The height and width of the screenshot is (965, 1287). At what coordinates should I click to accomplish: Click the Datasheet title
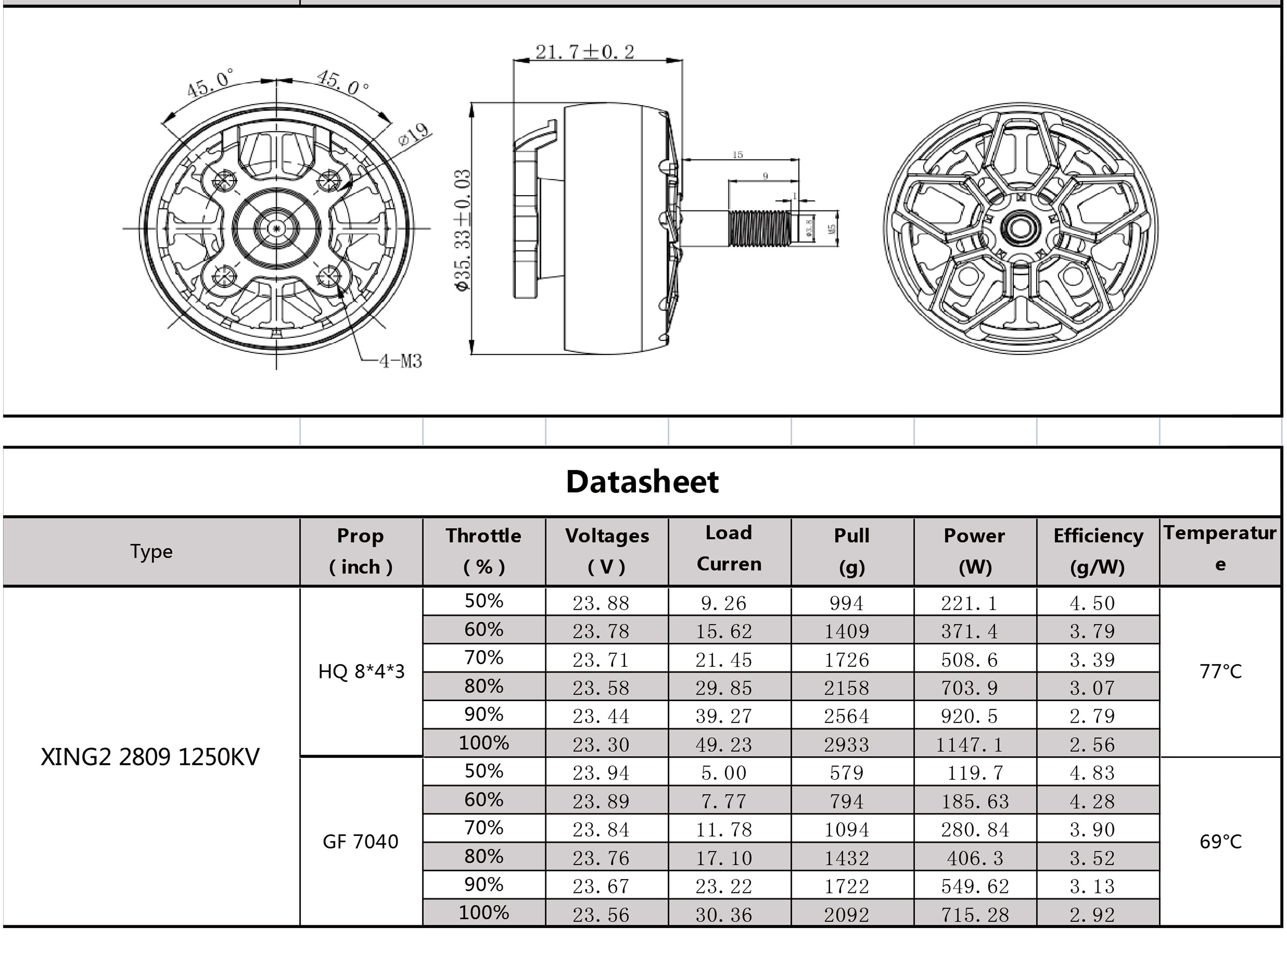tap(642, 482)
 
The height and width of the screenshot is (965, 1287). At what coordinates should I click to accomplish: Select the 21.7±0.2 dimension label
tap(585, 52)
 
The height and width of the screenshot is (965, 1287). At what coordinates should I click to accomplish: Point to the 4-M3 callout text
tap(400, 361)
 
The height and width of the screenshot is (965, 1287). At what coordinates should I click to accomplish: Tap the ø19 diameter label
tap(414, 134)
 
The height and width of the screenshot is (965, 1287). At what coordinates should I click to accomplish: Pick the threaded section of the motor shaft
tap(759, 227)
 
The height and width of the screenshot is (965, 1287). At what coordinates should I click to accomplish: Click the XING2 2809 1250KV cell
tap(150, 756)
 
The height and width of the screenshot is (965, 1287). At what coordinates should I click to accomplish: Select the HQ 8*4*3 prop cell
tap(361, 672)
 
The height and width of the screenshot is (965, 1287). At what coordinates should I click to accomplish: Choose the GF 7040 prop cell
tap(361, 841)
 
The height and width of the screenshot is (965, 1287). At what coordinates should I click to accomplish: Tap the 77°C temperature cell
tap(1220, 672)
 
